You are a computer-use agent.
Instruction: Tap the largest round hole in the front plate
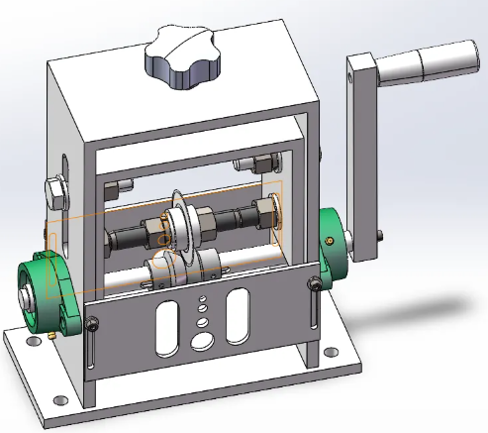click(202, 338)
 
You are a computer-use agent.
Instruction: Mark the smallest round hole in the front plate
click(200, 298)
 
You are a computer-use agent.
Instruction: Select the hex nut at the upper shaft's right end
click(264, 207)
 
